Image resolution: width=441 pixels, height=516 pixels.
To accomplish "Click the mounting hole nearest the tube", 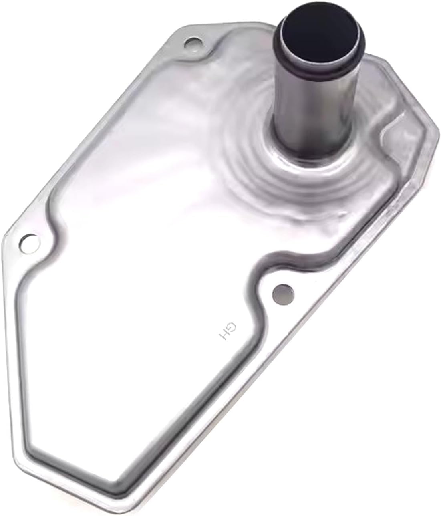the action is click(193, 43).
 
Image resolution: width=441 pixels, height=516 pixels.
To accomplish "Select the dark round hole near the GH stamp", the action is click(283, 291).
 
